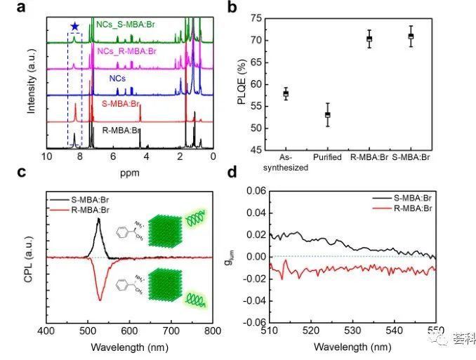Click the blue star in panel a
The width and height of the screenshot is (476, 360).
coord(74,26)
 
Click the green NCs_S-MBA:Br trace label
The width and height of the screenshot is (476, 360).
coord(117,25)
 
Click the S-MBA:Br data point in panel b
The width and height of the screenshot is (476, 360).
coord(411,36)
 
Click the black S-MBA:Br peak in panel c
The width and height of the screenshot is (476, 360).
coord(98,220)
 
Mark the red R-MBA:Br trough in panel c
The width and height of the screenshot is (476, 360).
coord(100,299)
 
